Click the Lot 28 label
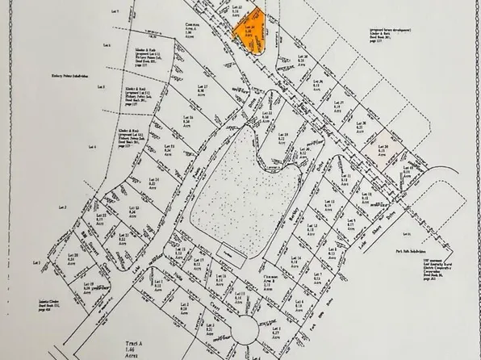[361, 125]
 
